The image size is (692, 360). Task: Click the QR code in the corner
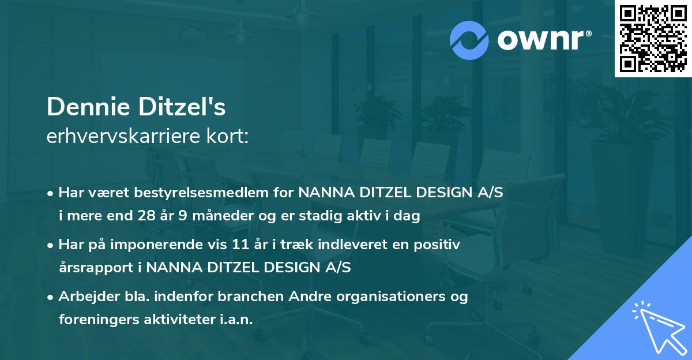[653, 39]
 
